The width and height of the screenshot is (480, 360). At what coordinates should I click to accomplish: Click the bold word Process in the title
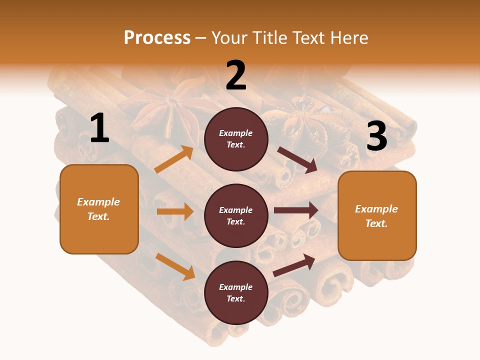click(157, 38)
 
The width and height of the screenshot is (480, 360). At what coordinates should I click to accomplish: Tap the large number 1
click(99, 128)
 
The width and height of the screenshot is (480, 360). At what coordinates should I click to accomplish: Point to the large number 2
click(236, 75)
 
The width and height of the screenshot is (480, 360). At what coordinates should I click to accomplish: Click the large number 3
click(376, 136)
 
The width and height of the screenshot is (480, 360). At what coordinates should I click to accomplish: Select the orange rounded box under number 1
click(99, 209)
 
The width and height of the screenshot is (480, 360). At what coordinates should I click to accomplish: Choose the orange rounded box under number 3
click(377, 215)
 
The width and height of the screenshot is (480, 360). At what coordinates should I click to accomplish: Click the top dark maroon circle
click(236, 139)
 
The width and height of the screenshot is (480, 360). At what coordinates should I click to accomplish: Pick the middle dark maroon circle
click(236, 215)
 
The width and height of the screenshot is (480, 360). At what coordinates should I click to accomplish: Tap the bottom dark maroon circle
click(236, 292)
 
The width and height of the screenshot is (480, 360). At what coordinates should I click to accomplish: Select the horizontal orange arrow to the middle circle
click(175, 211)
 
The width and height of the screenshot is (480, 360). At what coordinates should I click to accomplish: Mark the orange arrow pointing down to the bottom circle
click(175, 266)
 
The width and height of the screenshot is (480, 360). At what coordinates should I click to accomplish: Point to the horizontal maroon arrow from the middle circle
click(296, 210)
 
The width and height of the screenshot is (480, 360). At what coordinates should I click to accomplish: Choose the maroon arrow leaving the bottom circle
click(294, 265)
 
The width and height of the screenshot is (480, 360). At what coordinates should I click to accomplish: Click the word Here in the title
click(349, 38)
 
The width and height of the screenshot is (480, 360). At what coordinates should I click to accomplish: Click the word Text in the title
click(309, 38)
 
